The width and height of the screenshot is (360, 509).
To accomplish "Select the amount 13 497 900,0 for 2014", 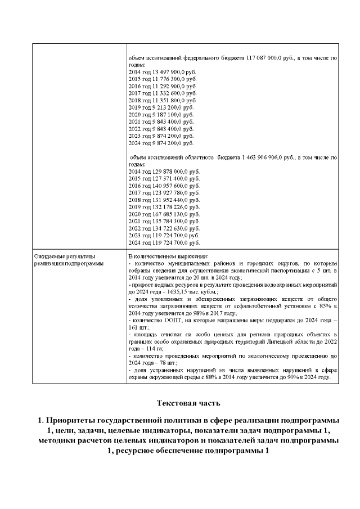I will (x=169, y=73).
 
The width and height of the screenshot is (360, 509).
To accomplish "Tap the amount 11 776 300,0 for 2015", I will (x=169, y=79).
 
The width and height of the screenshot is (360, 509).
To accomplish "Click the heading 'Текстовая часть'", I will (x=186, y=403).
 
